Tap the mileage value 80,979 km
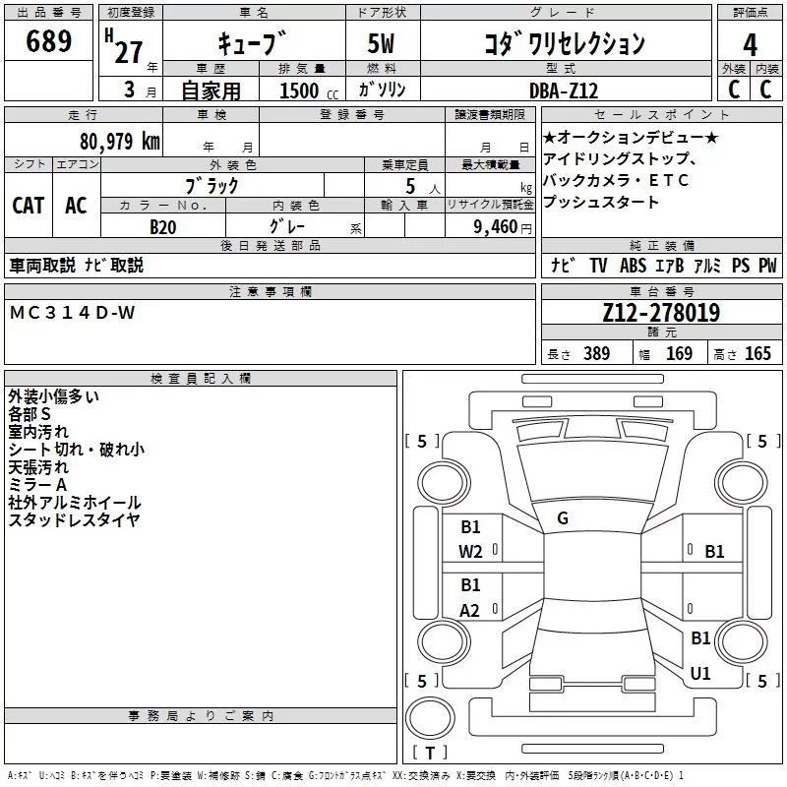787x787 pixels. (x=119, y=141)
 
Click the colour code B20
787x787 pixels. (x=162, y=227)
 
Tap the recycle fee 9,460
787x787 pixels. (x=495, y=227)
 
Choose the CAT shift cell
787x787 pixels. (x=28, y=205)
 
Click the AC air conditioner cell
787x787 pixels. (x=76, y=205)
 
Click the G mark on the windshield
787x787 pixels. (x=563, y=518)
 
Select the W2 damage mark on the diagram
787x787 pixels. (x=471, y=552)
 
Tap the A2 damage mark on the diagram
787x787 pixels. (x=471, y=611)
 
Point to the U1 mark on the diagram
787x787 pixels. (x=700, y=674)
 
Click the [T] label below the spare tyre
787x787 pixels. (x=430, y=754)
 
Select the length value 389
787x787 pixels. (x=596, y=354)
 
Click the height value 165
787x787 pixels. (x=757, y=354)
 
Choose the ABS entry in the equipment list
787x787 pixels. (x=634, y=266)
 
